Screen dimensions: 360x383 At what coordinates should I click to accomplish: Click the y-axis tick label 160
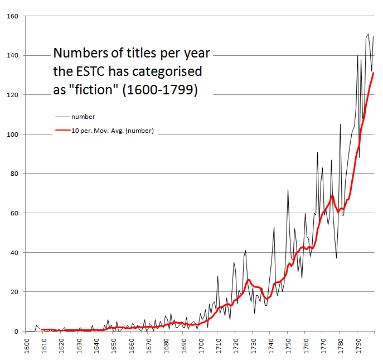(x=11, y=16)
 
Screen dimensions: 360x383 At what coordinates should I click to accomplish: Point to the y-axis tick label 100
(x=11, y=135)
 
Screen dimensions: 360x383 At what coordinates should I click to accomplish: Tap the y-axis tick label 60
(x=13, y=213)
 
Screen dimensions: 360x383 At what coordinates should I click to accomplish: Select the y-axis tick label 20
(x=13, y=292)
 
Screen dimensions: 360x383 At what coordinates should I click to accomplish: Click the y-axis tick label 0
(x=16, y=332)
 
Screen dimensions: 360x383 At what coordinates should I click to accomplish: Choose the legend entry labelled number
(x=83, y=117)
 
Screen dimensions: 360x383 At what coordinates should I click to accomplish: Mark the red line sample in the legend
(x=62, y=131)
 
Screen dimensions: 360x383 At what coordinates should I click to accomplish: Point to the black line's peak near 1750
(x=288, y=190)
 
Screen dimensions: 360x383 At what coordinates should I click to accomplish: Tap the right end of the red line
(x=373, y=73)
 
